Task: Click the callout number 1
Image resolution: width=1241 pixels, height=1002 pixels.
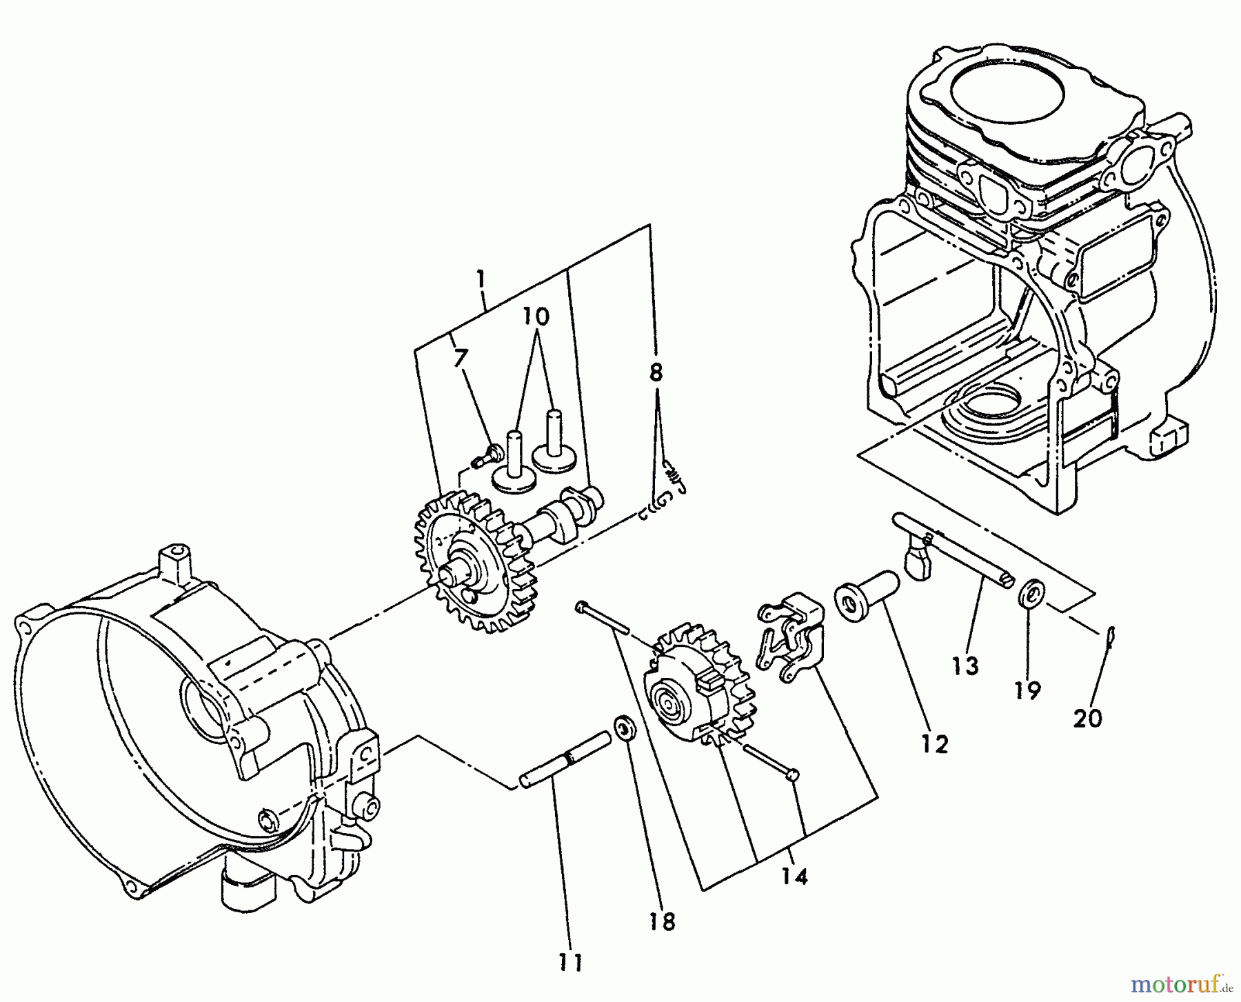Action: [x=481, y=279]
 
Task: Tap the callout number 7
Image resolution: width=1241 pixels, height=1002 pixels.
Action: [x=461, y=358]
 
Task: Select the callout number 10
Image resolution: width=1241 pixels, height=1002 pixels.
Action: [x=536, y=317]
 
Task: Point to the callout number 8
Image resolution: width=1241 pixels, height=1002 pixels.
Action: [x=656, y=373]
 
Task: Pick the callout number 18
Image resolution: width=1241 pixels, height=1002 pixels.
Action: [x=663, y=922]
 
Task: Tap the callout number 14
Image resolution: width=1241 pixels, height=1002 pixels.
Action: [x=794, y=877]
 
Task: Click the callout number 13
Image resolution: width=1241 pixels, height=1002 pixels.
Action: [x=966, y=665]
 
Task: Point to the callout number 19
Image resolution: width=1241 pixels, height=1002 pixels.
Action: [x=1027, y=690]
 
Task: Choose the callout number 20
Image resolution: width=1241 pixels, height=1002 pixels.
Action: [x=1087, y=719]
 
